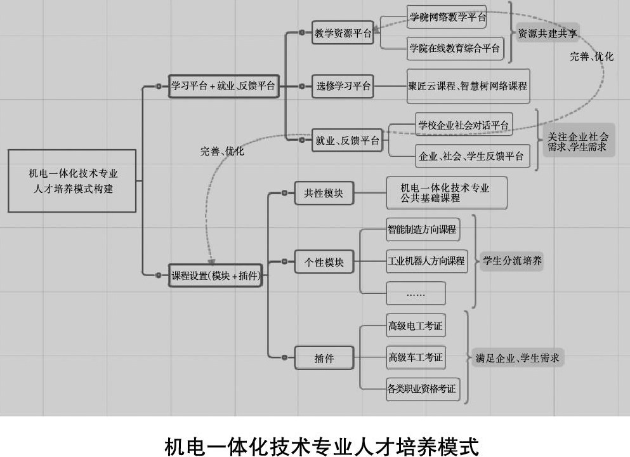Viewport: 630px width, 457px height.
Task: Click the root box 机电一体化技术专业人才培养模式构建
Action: point(72,180)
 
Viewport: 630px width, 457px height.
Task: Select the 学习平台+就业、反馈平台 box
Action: point(224,86)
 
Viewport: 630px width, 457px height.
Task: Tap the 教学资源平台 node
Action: point(343,34)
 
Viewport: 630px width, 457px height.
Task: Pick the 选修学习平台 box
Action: point(343,86)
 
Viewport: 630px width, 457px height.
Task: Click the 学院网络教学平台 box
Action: point(447,18)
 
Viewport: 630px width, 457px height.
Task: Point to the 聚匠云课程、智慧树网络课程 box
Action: point(468,86)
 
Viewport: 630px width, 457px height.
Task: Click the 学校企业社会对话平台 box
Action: point(464,125)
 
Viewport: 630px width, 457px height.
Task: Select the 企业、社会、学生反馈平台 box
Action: point(472,156)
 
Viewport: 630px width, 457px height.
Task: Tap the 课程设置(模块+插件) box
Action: point(215,275)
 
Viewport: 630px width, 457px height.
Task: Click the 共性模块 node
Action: point(324,193)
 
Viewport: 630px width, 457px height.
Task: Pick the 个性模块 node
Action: point(324,262)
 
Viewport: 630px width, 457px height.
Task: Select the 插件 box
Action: point(324,358)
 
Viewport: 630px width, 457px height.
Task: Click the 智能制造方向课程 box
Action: point(423,230)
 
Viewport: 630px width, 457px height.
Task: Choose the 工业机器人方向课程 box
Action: point(426,261)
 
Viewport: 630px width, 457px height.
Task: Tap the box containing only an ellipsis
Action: point(416,294)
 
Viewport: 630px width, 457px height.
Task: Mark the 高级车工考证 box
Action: point(416,357)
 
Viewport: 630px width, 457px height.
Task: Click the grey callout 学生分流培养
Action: point(511,260)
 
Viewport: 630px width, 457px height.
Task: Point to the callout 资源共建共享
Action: point(548,33)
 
